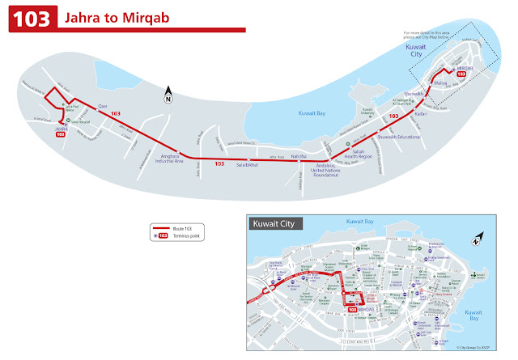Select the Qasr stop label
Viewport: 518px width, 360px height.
coord(103,107)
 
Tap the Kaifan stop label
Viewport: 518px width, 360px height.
coord(419,114)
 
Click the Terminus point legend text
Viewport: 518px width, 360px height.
coord(188,235)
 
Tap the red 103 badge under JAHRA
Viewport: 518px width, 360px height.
coord(60,135)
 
